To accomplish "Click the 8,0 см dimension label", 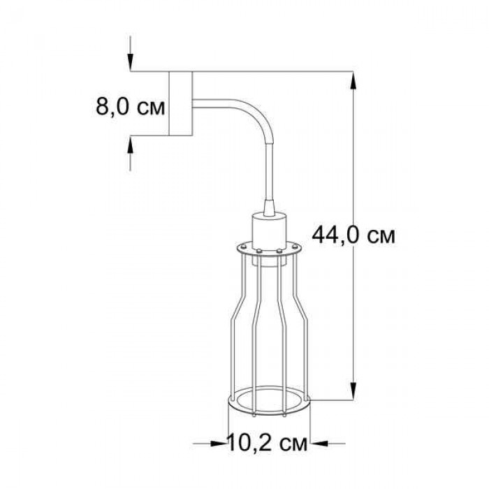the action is [130, 107].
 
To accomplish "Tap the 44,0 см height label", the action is [353, 235].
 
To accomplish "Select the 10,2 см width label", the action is [268, 442].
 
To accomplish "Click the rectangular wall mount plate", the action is [180, 103].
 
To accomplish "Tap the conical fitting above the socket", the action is [268, 207].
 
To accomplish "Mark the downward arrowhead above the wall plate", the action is [131, 61].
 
